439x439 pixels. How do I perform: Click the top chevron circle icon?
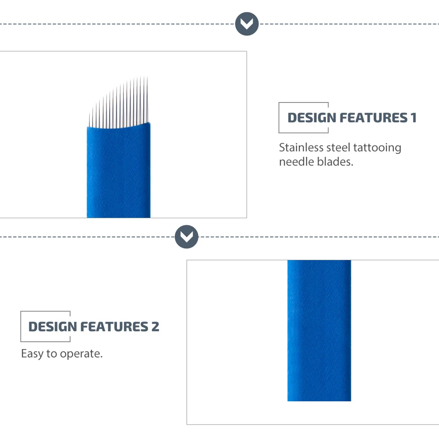point(247,24)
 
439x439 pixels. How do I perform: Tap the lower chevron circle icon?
point(187,237)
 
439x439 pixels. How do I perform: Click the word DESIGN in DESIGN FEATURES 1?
point(312,117)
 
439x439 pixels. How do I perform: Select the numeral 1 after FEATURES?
point(414,117)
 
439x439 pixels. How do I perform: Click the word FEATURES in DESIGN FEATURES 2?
point(114,326)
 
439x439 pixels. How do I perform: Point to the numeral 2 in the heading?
point(156,326)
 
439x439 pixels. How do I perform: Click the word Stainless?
point(301,148)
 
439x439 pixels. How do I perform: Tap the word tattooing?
point(377,148)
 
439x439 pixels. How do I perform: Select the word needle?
point(297,162)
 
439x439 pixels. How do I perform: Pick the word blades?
point(335,162)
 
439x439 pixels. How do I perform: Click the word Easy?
point(32,354)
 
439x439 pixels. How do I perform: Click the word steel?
point(338,148)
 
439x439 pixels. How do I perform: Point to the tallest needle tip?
point(147,76)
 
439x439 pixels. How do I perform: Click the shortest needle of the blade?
point(89,120)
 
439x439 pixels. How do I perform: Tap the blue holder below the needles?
point(118,171)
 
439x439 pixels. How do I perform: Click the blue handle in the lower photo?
point(319,331)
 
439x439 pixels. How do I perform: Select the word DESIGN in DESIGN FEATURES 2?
point(53,326)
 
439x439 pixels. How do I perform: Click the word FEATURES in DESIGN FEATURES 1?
point(373,117)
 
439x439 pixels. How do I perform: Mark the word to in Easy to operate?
point(52,354)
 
